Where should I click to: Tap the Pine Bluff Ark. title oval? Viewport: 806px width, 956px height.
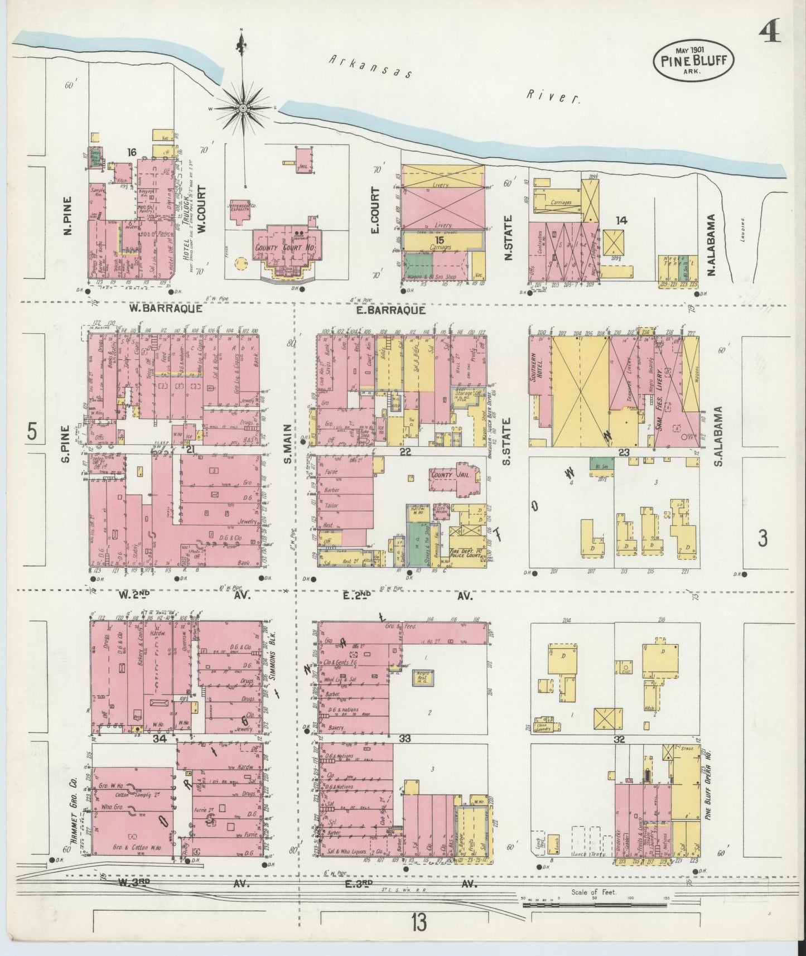point(693,61)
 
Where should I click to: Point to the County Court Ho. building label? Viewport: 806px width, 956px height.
point(277,248)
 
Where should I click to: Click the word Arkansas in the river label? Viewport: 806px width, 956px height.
point(369,66)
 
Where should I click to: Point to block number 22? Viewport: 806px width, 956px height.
point(405,452)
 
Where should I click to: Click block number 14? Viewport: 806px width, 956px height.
point(621,220)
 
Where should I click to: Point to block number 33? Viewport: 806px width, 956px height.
point(404,738)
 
